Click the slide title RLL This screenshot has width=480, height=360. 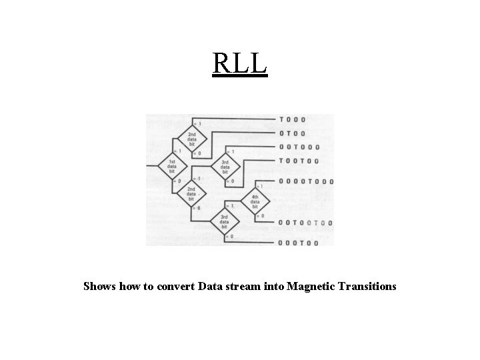pos(240,63)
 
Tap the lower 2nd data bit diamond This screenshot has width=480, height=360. pos(191,192)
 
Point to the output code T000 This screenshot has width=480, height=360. pos(292,120)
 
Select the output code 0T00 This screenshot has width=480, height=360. pos(292,133)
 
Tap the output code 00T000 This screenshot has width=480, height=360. pos(299,147)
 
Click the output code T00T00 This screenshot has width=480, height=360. pos(299,161)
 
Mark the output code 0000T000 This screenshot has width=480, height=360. pos(306,181)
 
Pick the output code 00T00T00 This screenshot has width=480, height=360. pos(306,223)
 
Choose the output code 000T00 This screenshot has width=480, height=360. pos(299,243)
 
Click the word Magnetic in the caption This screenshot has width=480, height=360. pos(312,287)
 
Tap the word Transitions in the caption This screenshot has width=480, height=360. pos(367,287)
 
